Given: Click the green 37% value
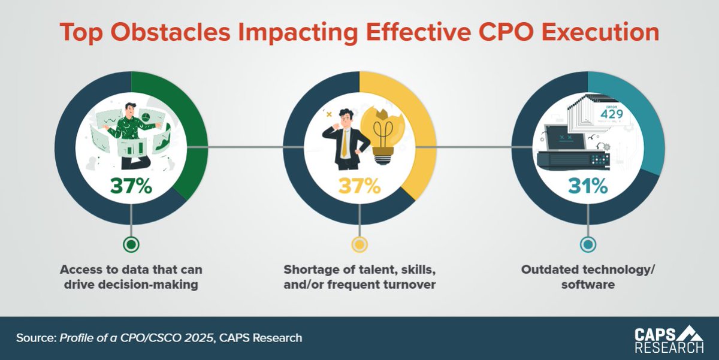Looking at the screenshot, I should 131,186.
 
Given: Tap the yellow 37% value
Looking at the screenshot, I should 359,186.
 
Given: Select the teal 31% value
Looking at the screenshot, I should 588,186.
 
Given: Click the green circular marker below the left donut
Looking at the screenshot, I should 131,244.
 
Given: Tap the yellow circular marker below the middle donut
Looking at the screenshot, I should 359,244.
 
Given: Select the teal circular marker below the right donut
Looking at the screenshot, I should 588,244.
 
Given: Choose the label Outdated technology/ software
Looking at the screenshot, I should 588,277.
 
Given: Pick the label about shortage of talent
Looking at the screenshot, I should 359,277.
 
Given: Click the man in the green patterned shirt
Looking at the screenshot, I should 131,129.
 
